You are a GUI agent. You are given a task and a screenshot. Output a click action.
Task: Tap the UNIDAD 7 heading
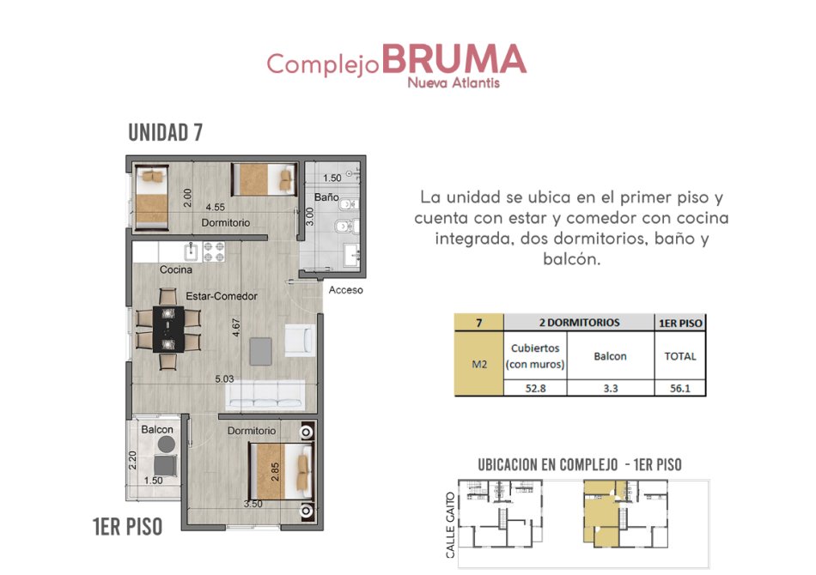[165, 132]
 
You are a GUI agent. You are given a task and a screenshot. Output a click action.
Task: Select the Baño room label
[326, 197]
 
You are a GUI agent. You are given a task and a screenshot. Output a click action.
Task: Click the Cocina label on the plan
[176, 269]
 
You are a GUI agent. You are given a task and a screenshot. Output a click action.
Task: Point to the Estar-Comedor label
[222, 296]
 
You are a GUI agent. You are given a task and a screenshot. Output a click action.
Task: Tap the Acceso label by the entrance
[345, 290]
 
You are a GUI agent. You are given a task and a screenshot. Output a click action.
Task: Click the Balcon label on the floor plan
[157, 429]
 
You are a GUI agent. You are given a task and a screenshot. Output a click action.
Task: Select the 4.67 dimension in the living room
[235, 328]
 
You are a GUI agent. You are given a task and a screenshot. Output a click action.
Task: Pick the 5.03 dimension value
[224, 379]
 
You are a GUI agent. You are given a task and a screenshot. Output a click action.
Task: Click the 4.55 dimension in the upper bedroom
[215, 207]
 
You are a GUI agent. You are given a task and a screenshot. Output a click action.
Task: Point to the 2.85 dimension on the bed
[276, 472]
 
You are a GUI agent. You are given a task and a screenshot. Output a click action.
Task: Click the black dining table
[168, 329]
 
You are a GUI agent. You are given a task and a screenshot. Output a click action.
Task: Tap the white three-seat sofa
[265, 395]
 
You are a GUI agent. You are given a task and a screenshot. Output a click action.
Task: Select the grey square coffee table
[260, 352]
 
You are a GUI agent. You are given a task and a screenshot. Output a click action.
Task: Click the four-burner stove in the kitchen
[214, 251]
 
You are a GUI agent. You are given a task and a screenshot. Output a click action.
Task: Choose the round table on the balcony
[167, 444]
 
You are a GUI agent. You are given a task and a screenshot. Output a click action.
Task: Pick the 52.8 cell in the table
[535, 388]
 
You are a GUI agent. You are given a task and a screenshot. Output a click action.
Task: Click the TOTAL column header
[680, 356]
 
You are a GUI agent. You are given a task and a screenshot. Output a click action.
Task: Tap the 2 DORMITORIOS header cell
[579, 323]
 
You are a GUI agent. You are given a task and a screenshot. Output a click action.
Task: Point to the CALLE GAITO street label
[451, 525]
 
